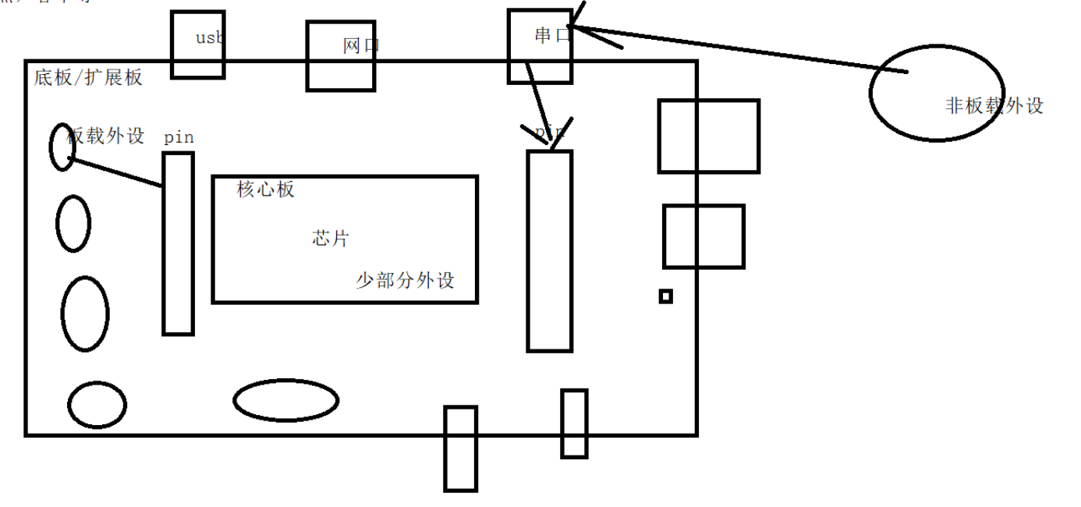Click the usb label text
(x=210, y=37)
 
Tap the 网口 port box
(x=340, y=56)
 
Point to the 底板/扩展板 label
(x=88, y=77)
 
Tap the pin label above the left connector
(x=179, y=137)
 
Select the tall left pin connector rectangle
(x=178, y=243)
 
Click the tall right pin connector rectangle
(x=550, y=250)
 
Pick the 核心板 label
(x=266, y=190)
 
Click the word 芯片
(x=330, y=239)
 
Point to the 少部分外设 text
(x=405, y=281)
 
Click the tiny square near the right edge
(x=665, y=296)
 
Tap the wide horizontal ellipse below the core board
(x=285, y=400)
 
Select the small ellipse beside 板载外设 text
(x=62, y=147)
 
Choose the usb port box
(x=197, y=44)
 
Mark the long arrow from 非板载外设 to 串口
(x=741, y=50)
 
